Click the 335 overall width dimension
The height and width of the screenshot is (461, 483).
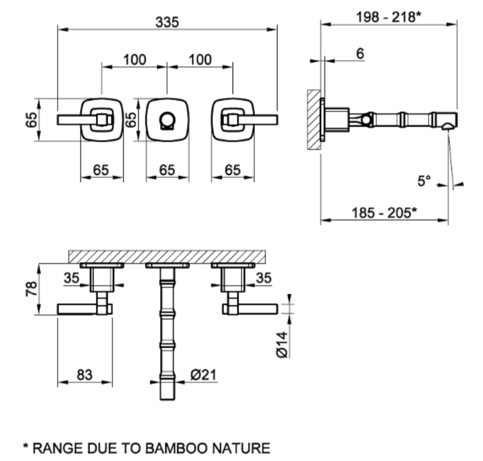click(167, 22)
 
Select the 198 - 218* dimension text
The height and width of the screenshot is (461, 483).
click(388, 18)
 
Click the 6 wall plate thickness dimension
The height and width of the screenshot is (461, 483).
click(359, 53)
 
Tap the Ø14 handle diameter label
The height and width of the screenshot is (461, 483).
click(282, 344)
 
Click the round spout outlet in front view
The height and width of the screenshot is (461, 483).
click(167, 120)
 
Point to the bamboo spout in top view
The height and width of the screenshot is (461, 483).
click(167, 330)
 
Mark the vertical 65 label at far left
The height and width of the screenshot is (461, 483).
click(31, 120)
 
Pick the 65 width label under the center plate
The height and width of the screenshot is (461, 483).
click(167, 170)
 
